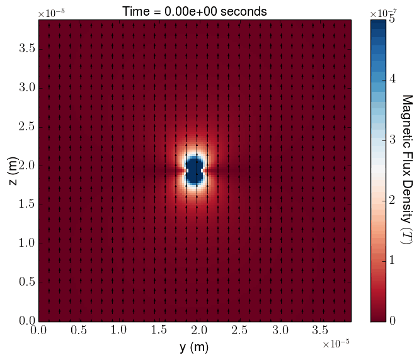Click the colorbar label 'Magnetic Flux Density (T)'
tap(406, 170)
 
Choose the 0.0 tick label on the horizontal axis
tap(39, 330)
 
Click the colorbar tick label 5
tap(392, 20)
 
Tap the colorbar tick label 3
tap(392, 140)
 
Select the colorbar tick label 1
tap(392, 261)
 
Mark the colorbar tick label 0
tap(392, 321)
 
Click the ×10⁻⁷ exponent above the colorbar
tap(381, 13)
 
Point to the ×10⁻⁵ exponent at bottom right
tap(335, 343)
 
